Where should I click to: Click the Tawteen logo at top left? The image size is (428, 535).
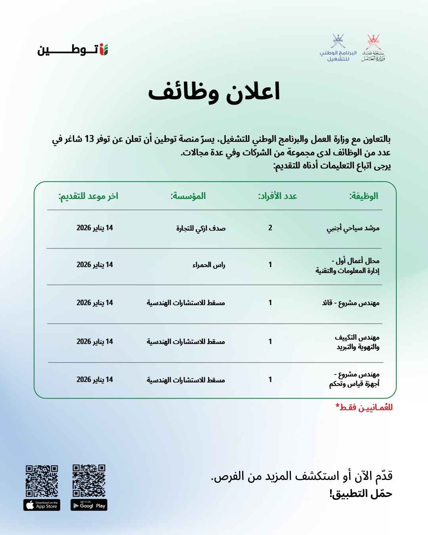73,50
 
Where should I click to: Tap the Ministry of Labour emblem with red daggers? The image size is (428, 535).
373,48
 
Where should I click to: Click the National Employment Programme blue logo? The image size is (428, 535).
338,48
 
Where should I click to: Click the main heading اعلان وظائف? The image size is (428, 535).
214,92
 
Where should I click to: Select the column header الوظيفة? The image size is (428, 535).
363,196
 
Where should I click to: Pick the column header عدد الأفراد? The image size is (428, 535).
277,196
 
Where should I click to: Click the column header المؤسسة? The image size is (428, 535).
188,196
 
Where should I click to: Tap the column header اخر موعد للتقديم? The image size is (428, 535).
88,196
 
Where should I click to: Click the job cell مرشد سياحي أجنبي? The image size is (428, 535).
353,228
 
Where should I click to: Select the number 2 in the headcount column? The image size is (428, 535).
270,228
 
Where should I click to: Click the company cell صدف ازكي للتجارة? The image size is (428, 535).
201,228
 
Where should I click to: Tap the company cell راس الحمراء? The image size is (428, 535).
209,265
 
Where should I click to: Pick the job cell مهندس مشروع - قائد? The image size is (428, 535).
351,303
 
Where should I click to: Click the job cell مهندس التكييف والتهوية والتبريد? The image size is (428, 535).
357,342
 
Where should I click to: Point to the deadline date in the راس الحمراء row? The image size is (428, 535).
95,265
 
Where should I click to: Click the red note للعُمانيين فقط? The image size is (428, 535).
364,407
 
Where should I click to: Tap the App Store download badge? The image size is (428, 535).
42,505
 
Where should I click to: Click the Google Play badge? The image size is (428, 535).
89,505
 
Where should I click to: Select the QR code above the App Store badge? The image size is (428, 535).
42,481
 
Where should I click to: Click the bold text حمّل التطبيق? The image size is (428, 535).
361,494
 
